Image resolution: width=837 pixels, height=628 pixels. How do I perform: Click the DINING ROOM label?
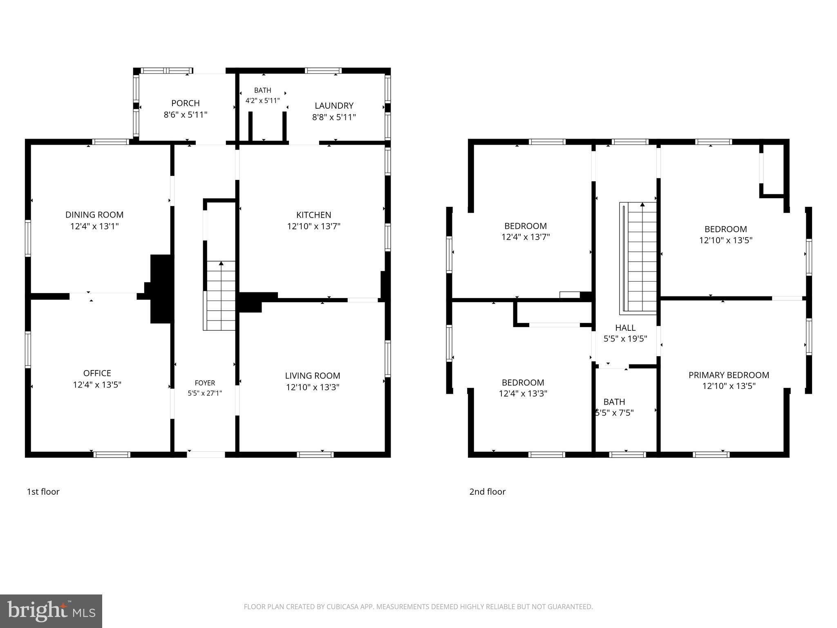[94, 215]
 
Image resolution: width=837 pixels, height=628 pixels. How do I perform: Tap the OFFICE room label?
[97, 373]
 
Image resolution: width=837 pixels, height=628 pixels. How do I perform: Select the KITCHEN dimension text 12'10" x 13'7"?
[314, 226]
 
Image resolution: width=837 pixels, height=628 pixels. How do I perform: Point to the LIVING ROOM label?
[313, 375]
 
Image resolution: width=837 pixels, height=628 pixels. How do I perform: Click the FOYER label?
[205, 383]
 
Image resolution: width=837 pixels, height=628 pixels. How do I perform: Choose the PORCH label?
[186, 103]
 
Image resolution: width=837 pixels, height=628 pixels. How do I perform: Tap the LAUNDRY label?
[334, 105]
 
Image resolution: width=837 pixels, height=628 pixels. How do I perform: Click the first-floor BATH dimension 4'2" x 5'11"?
[263, 100]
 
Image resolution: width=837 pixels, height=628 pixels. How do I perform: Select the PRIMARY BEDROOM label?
[729, 375]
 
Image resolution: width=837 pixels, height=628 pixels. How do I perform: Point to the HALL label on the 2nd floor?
[625, 327]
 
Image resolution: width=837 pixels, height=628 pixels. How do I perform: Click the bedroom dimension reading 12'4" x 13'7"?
[526, 237]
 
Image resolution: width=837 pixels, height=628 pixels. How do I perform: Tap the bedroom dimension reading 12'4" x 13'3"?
[523, 394]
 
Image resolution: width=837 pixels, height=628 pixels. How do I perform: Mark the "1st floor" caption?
[43, 491]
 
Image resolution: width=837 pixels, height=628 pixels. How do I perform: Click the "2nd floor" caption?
[487, 491]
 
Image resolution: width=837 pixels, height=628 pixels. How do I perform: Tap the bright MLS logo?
[51, 611]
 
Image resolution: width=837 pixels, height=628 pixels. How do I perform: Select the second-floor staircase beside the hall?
[638, 258]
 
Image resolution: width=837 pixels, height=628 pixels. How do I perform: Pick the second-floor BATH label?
[614, 402]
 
